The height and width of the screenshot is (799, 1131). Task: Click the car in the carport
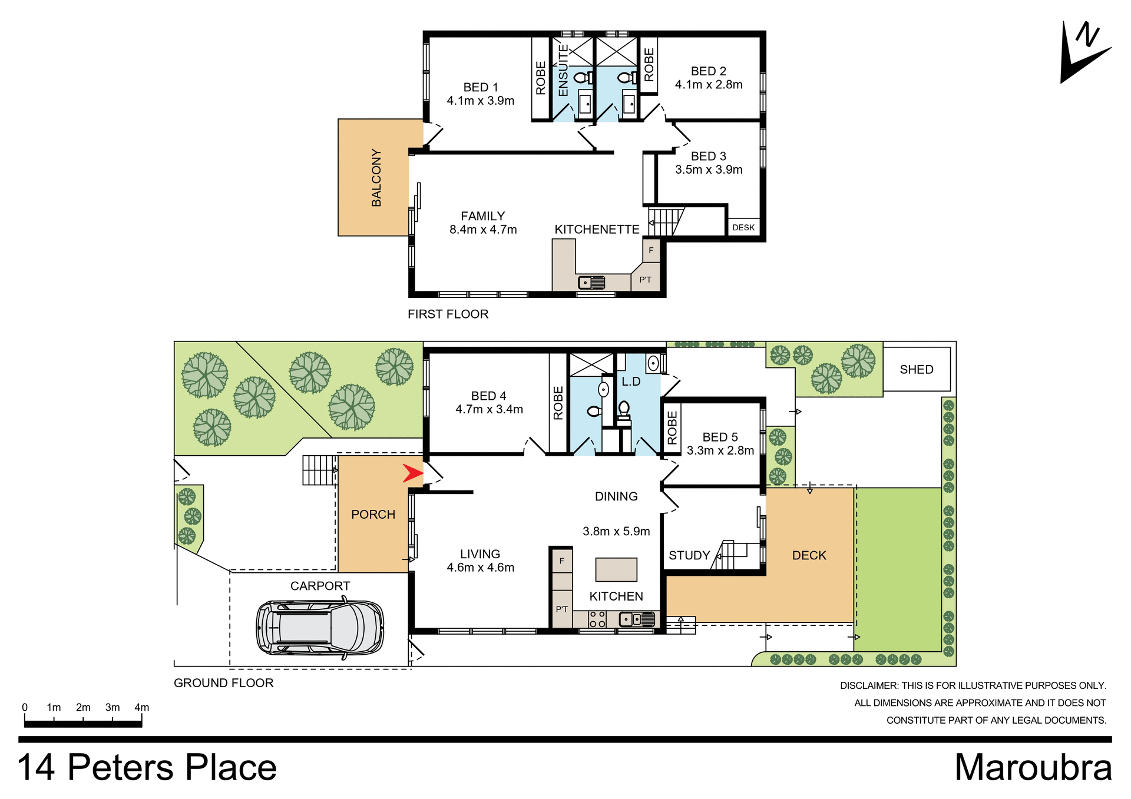point(320,628)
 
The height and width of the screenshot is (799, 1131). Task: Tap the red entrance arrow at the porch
point(412,473)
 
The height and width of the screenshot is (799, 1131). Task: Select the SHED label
point(916,370)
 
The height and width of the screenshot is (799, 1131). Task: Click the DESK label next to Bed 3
point(743,227)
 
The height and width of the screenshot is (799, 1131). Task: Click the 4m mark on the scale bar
point(141,708)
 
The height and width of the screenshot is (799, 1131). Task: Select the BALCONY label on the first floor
point(376,177)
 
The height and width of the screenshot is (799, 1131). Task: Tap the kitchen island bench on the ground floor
point(616,569)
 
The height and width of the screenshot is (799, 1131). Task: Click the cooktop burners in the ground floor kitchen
point(597,619)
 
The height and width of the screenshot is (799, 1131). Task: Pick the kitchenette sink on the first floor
point(591,283)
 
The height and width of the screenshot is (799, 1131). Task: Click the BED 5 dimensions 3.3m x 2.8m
point(720,451)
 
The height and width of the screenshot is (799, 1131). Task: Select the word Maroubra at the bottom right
point(1033,768)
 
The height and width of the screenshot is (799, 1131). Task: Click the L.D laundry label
point(631,382)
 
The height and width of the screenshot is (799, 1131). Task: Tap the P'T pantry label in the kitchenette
point(646,280)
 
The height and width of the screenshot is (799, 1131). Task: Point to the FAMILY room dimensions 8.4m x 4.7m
point(483,230)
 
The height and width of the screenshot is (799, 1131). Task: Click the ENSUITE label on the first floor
point(563,70)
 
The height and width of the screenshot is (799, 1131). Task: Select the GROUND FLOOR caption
point(223,683)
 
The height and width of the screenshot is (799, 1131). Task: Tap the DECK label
point(809,555)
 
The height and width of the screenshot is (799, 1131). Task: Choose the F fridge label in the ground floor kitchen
point(562,561)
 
